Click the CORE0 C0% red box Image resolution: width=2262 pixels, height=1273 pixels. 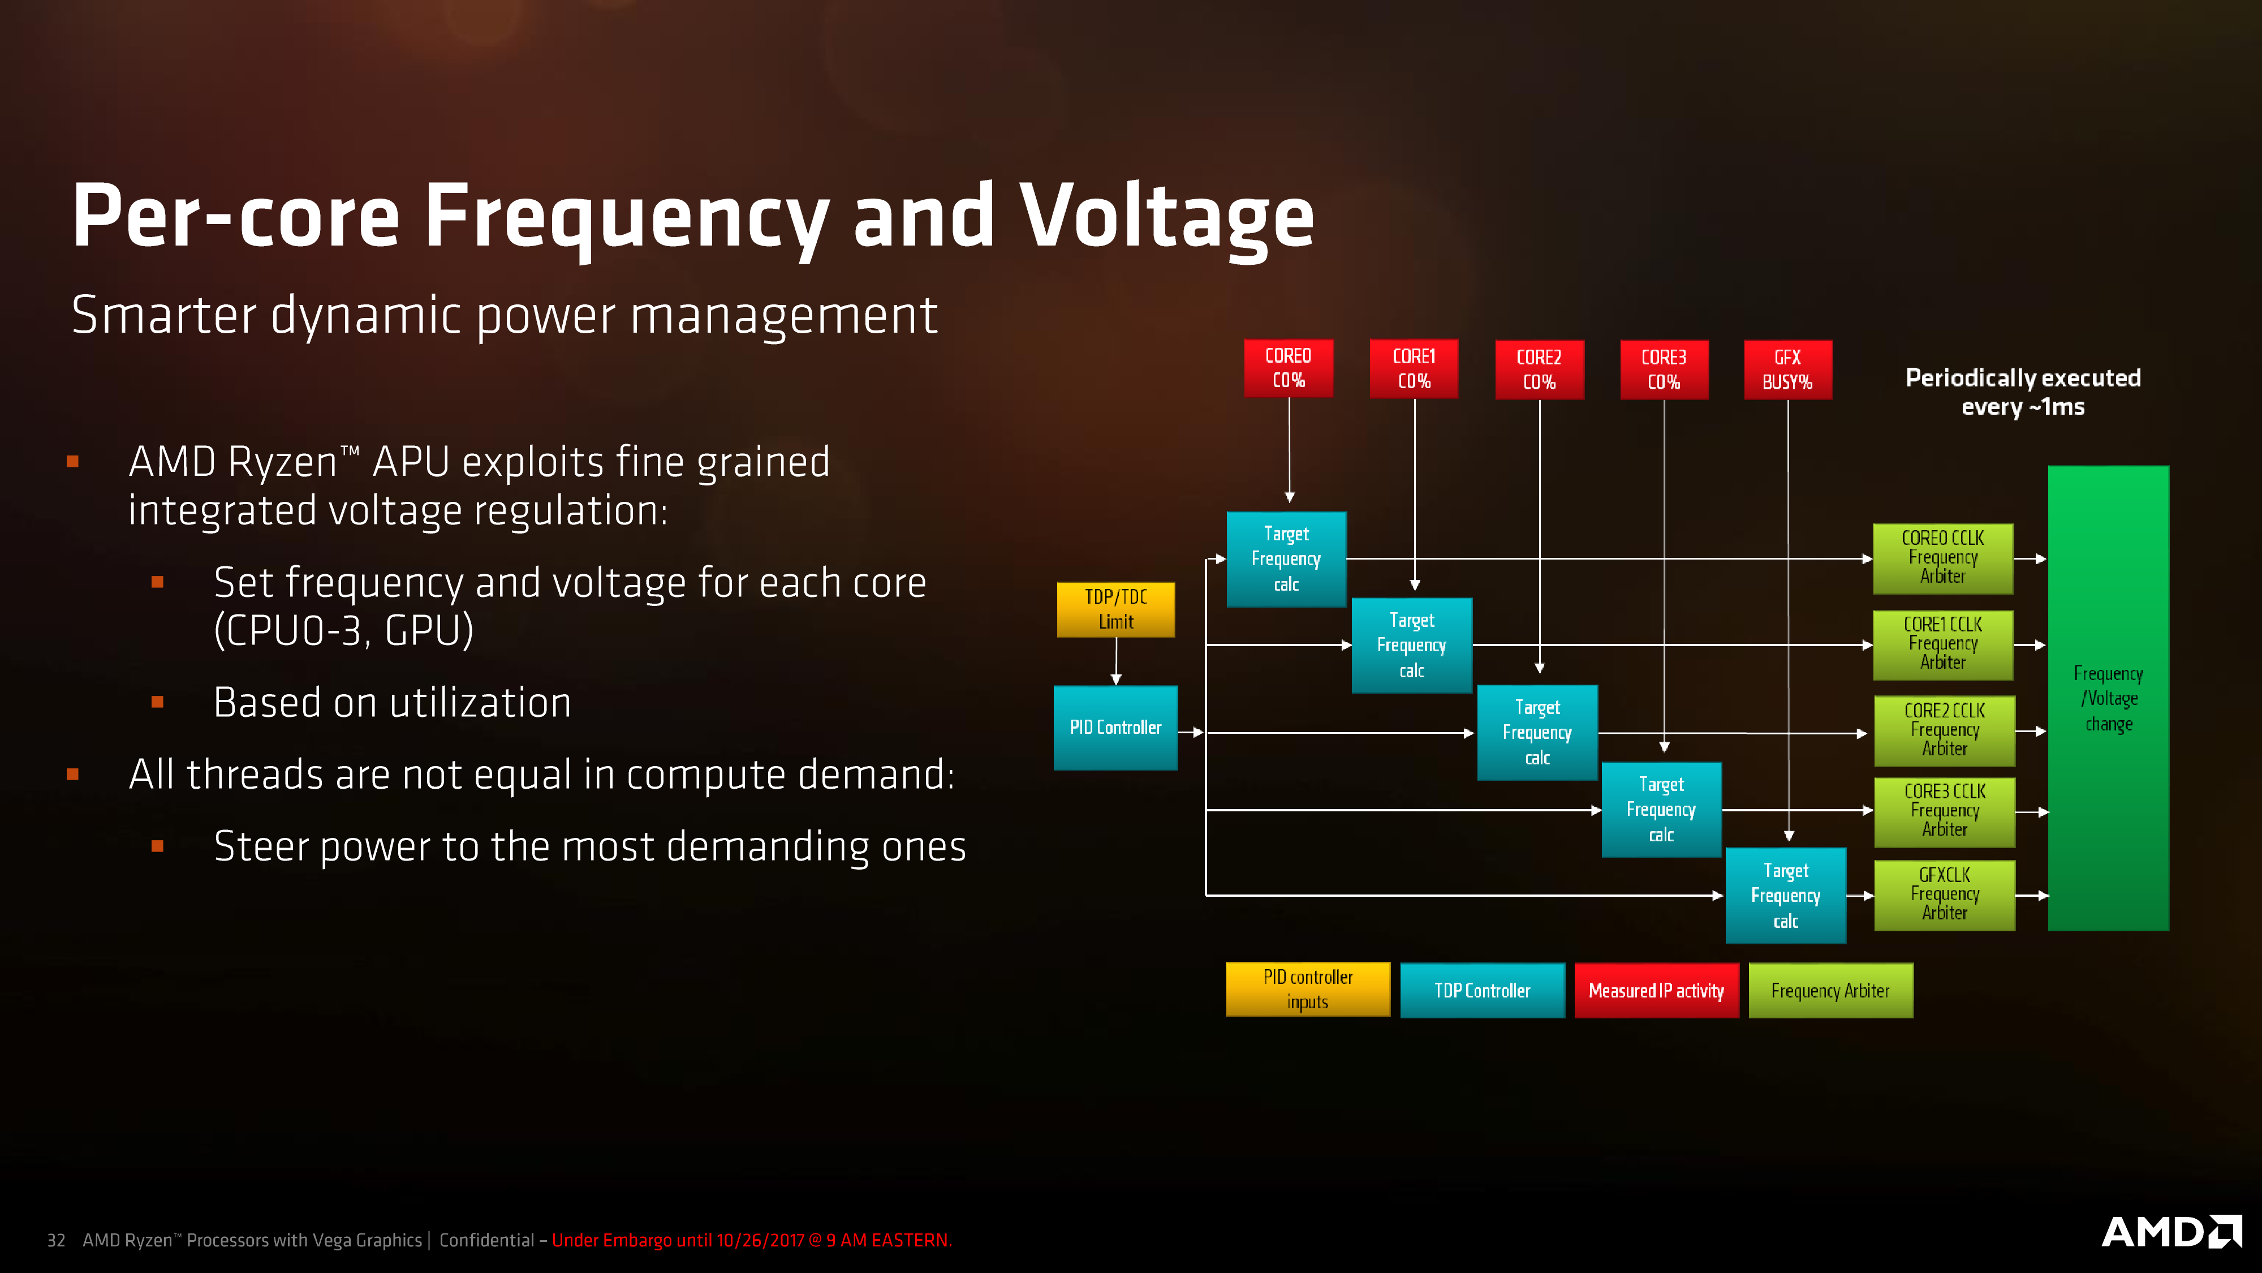(x=1288, y=368)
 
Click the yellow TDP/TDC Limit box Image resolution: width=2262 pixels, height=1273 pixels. (x=1115, y=609)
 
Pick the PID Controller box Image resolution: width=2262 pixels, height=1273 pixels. (x=1115, y=728)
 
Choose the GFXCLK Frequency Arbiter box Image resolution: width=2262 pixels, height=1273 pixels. (x=1944, y=894)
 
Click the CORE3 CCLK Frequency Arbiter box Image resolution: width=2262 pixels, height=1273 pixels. (x=1944, y=811)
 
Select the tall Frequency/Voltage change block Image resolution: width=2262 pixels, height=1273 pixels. (x=2108, y=698)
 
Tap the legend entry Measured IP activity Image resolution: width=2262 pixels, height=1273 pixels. (x=1656, y=990)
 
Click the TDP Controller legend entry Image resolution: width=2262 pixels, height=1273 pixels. (x=1481, y=990)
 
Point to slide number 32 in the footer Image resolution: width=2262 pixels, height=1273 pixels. (x=56, y=1240)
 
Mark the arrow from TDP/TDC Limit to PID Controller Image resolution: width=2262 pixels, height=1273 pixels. (x=1116, y=661)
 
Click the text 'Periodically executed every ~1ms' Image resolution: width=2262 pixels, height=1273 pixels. (x=2022, y=392)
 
